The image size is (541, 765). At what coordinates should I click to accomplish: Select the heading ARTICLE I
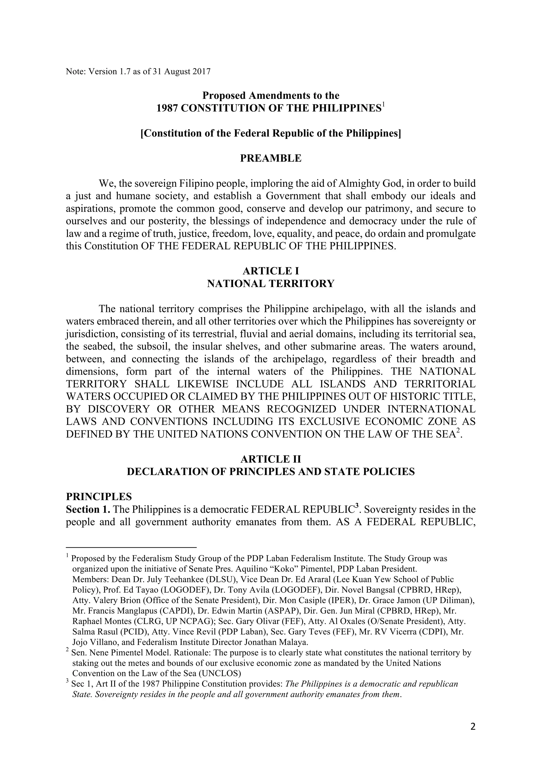270,271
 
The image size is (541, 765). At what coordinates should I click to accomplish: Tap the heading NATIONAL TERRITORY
270,284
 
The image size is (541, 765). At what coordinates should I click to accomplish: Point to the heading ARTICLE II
270,459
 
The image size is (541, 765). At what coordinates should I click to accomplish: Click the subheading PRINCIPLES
99,497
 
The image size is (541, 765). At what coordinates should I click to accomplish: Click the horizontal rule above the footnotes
131,547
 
